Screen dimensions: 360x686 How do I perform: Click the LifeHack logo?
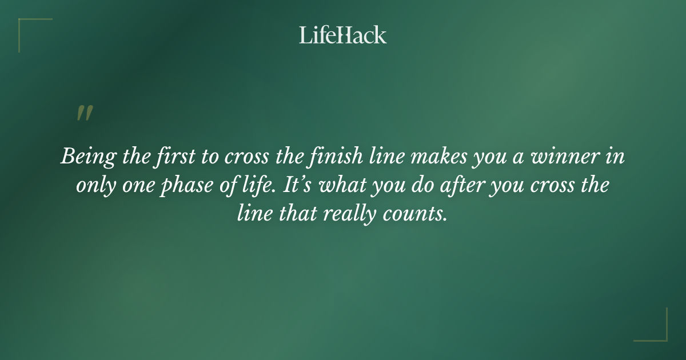coord(343,35)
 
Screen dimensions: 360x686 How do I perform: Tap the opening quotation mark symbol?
coord(84,113)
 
